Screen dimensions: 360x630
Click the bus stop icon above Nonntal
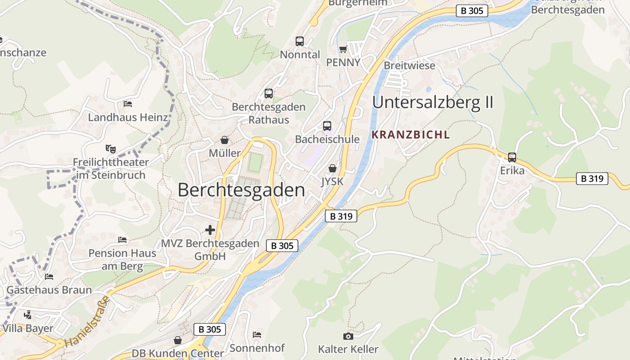(x=300, y=41)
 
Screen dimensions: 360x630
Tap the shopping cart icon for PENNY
(x=343, y=49)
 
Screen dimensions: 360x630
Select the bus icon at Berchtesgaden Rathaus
(x=269, y=94)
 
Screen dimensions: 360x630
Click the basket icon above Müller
(x=224, y=140)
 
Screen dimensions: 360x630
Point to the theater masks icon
(x=110, y=148)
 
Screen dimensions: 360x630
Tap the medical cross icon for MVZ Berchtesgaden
(x=210, y=230)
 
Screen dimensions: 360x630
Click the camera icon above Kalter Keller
(x=348, y=336)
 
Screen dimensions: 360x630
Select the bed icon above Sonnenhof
(x=257, y=334)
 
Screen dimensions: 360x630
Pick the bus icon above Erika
(x=512, y=157)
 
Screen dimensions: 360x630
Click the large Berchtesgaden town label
(x=241, y=190)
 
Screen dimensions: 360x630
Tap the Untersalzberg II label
(x=432, y=103)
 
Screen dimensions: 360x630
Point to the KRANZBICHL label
(x=410, y=135)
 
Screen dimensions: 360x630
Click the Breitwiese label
(x=409, y=66)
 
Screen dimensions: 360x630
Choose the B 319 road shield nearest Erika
(x=592, y=179)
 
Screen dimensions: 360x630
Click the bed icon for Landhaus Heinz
(x=128, y=104)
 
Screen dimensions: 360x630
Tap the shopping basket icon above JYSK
(x=333, y=169)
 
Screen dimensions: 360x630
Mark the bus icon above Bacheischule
(x=327, y=126)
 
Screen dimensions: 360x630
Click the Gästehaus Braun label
(x=49, y=290)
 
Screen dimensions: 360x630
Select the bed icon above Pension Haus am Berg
(x=122, y=240)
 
